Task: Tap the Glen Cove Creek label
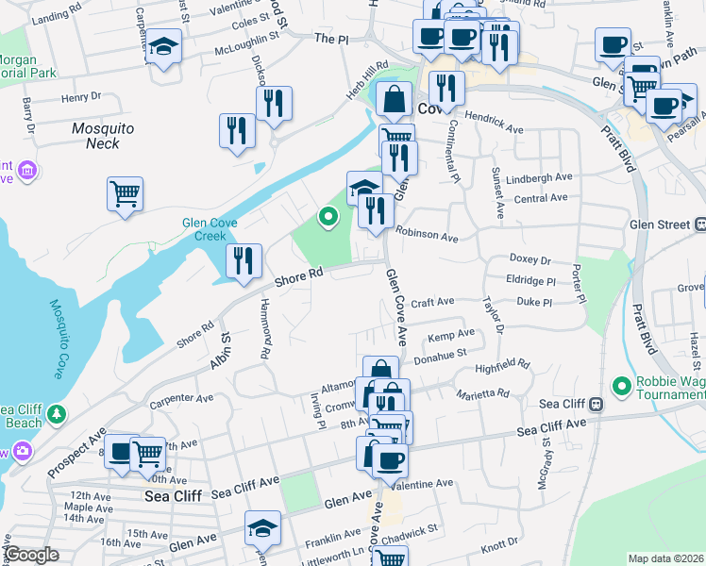(x=209, y=229)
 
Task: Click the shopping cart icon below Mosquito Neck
(x=125, y=194)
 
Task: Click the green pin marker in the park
(x=328, y=217)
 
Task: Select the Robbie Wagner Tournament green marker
(x=621, y=386)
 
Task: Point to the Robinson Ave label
(x=427, y=232)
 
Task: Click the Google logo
(x=31, y=555)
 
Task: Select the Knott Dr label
(x=500, y=546)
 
